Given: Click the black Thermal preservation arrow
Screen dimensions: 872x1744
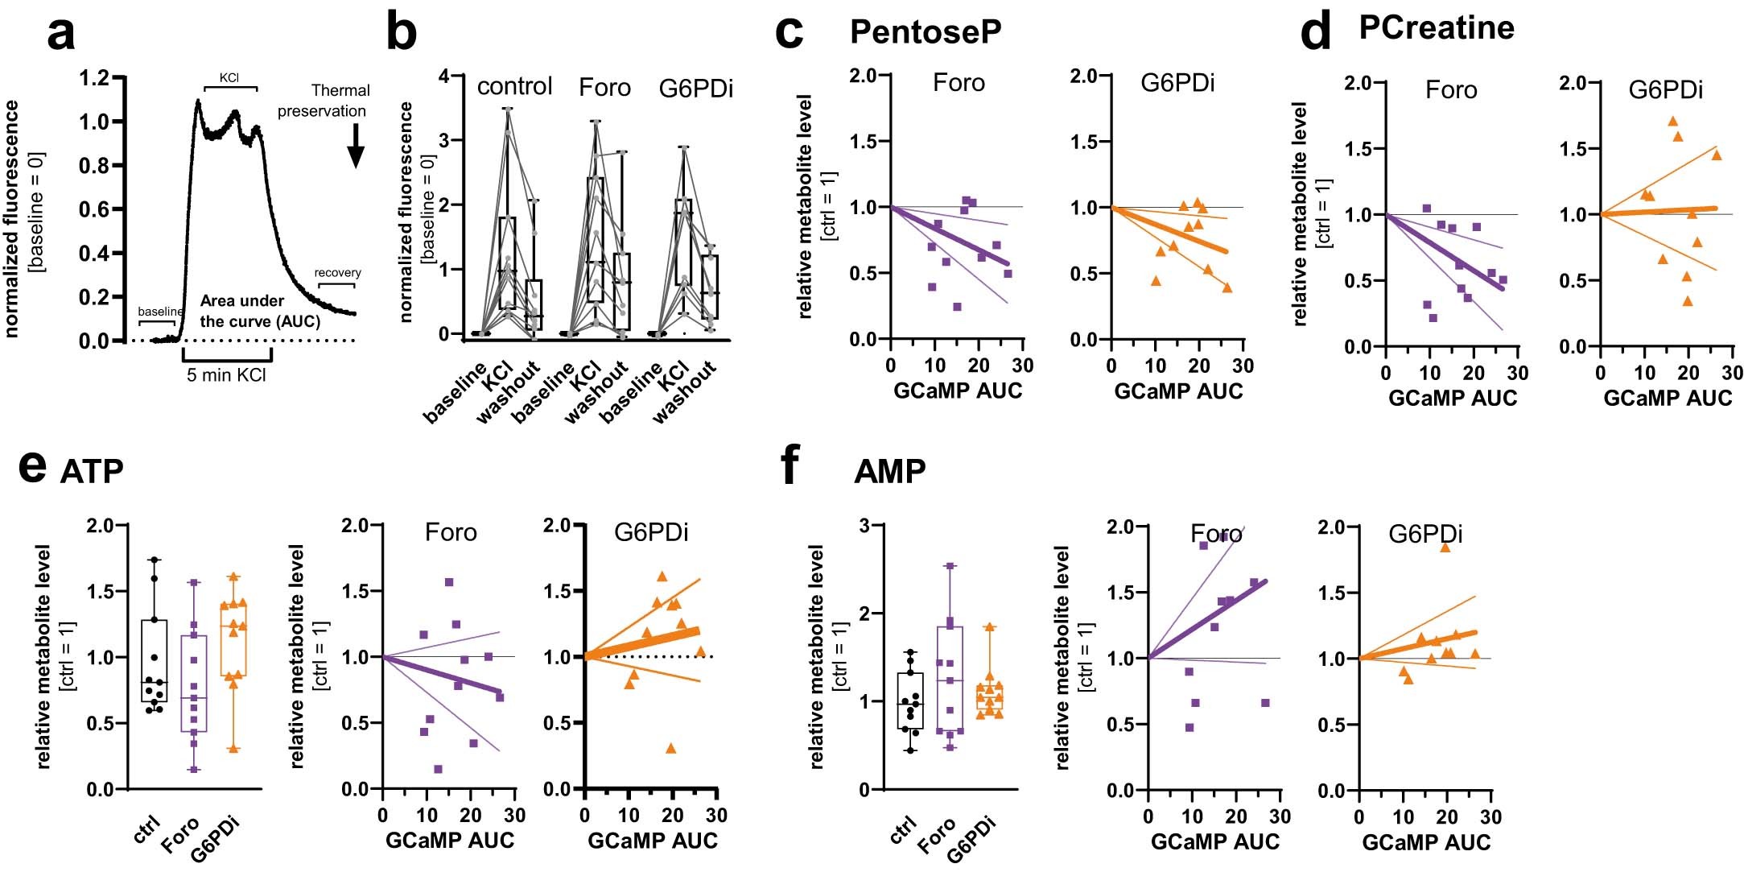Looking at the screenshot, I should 356,146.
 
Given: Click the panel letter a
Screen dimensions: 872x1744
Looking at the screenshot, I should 62,35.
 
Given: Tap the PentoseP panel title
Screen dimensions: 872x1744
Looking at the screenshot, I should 926,32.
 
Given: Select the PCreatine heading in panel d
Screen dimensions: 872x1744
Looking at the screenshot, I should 1437,28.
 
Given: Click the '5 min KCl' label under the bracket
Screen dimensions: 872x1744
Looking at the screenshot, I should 226,375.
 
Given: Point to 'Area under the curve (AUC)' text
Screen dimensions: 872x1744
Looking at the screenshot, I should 259,311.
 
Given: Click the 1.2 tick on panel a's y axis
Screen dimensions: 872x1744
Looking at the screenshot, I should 94,79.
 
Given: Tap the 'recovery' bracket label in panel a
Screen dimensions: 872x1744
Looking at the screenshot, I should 337,273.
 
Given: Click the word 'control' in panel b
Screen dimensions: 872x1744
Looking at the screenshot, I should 514,86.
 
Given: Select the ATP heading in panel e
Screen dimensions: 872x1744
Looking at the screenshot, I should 92,472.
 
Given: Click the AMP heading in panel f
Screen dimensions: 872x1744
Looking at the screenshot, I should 889,472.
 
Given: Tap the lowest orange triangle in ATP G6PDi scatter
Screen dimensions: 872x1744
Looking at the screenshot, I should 671,749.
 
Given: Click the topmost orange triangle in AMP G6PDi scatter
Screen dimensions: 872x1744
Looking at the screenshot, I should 1445,548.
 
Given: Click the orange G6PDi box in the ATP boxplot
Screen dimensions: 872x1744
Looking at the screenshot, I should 233,641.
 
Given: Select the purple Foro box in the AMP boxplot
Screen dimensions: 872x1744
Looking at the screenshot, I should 950,680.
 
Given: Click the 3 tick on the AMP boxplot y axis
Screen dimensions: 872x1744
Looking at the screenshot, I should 865,527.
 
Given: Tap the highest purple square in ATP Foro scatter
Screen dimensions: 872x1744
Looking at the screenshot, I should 449,582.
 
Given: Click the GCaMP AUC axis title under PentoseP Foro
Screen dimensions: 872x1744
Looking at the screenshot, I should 958,391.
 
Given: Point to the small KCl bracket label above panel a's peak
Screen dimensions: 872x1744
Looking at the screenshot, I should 229,78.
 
